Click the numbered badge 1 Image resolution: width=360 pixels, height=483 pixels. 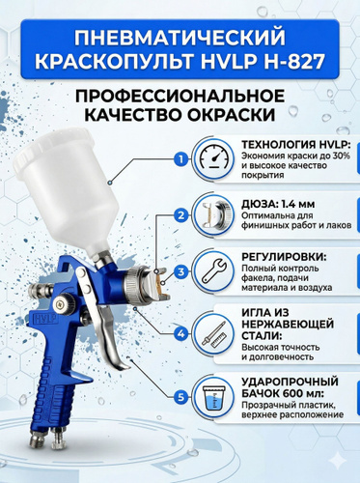181,159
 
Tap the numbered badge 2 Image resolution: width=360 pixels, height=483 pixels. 181,215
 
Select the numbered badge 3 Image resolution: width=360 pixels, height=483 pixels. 181,271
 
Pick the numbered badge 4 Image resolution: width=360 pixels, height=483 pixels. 181,333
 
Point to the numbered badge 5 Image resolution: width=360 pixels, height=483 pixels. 181,397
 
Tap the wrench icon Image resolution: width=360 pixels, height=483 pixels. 214,272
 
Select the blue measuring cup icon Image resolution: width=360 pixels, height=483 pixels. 213,398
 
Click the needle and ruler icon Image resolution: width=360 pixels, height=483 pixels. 214,335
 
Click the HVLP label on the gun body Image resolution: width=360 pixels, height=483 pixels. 45,319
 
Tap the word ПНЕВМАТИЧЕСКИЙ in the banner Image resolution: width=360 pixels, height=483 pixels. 180,38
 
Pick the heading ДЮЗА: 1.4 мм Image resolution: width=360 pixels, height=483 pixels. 278,204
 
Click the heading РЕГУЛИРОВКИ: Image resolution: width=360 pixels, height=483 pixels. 284,258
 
